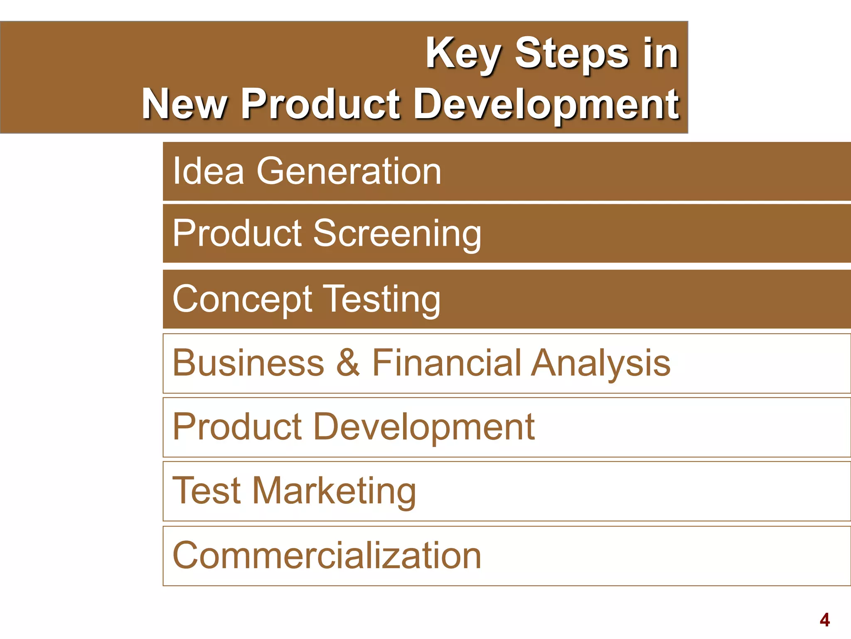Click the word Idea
click(208, 171)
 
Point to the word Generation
click(349, 171)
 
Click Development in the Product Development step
click(423, 427)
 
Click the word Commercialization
click(327, 555)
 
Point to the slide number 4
click(824, 620)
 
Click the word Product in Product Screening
click(237, 233)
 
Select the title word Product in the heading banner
click(320, 104)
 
